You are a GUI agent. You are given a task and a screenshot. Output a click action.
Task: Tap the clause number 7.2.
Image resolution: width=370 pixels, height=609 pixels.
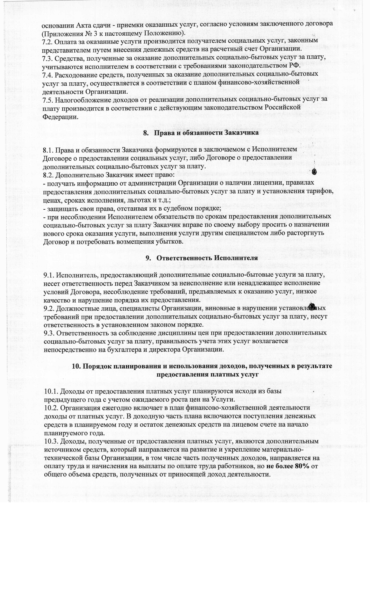click(x=48, y=41)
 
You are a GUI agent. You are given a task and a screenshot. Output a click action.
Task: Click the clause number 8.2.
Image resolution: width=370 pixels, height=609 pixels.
click(x=48, y=175)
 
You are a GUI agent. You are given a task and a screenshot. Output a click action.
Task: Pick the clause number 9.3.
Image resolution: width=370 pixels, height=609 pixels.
click(x=49, y=333)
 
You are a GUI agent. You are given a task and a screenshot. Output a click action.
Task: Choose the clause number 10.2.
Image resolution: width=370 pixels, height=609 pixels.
click(x=51, y=407)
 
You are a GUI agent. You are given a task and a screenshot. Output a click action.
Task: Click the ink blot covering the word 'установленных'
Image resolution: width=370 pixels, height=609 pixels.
click(x=312, y=307)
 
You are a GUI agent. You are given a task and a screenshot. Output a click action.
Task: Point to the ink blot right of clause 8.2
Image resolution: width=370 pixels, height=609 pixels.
click(x=314, y=171)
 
